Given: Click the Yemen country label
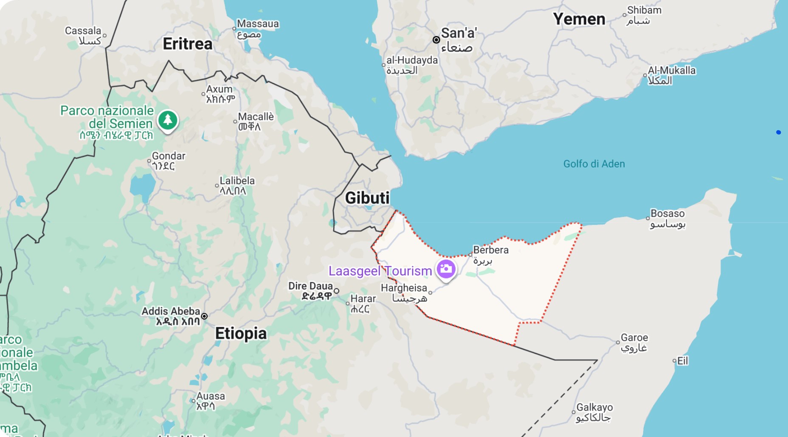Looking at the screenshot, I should (x=579, y=19).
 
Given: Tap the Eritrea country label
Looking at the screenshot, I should (x=187, y=44).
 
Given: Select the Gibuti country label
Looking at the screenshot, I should (x=367, y=198).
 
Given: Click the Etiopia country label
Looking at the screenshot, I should (x=241, y=333).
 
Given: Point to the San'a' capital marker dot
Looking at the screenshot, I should (x=436, y=40).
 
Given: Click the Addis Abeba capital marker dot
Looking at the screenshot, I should (x=204, y=316).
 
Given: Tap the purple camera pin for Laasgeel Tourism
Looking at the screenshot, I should (x=446, y=269).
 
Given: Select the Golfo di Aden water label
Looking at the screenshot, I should (x=594, y=164).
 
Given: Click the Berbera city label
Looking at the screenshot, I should (x=491, y=250).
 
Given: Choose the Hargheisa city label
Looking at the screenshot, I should (x=404, y=288).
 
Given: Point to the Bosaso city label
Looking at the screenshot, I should (x=667, y=213).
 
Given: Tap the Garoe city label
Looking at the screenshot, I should (x=634, y=338).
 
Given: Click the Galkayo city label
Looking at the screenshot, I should (x=594, y=407).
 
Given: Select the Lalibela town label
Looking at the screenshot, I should (x=237, y=181).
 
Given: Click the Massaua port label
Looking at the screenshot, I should (x=258, y=24).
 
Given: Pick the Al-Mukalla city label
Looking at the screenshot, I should (x=672, y=70).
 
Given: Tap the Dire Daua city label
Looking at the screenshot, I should (x=310, y=286).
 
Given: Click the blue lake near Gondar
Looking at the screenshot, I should (x=143, y=187).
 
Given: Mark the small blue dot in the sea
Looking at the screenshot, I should (x=778, y=132).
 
